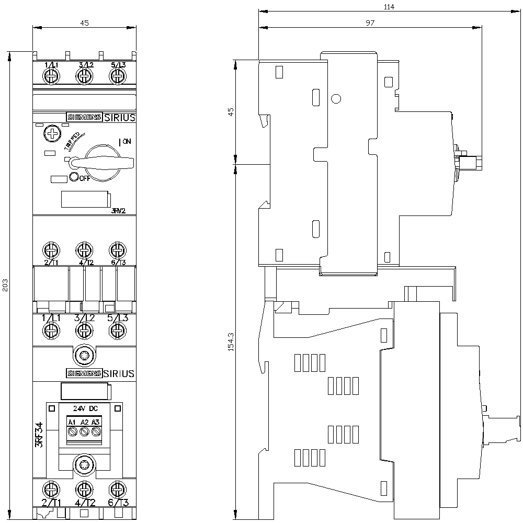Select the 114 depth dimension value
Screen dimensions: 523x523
[388, 7]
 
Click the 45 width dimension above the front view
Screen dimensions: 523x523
[84, 22]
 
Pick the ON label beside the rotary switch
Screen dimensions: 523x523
[126, 141]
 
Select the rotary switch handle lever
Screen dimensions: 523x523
[105, 161]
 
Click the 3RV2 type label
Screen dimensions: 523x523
[120, 211]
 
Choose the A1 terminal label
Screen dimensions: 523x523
[72, 422]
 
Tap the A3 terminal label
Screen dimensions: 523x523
[95, 422]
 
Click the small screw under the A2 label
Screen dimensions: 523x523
[84, 432]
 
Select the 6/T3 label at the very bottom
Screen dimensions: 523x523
[118, 503]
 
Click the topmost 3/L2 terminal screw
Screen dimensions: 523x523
[84, 76]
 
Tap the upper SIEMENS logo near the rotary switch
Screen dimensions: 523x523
[84, 118]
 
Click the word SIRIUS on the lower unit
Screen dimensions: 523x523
[119, 373]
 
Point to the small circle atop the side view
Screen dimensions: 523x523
[336, 98]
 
